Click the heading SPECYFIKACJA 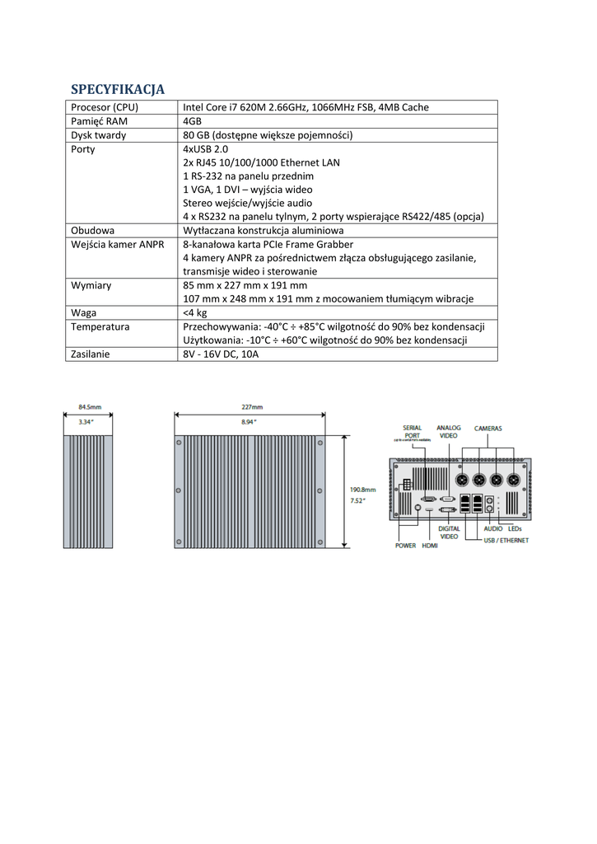click(118, 89)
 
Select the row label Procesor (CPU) click(105, 107)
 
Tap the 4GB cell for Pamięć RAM click(191, 121)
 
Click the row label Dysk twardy click(99, 135)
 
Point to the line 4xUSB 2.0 click(205, 149)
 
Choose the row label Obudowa click(92, 231)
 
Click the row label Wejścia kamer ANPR click(118, 244)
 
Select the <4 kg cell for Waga click(195, 312)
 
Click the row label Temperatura click(100, 326)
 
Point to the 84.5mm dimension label click(90, 407)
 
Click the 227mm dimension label click(252, 407)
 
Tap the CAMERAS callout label click(487, 429)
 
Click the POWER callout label click(406, 546)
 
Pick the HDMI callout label click(430, 546)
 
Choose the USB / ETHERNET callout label click(506, 540)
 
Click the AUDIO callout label click(493, 528)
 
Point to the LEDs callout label click(515, 528)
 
